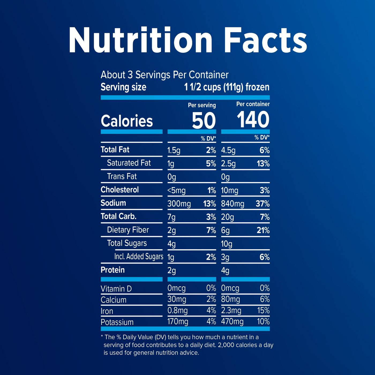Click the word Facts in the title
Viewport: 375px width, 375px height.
click(265, 40)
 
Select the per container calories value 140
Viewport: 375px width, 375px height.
click(253, 119)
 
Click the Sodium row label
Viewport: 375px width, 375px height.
click(113, 203)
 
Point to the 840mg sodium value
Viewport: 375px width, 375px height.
click(232, 204)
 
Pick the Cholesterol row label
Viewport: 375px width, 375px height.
click(120, 190)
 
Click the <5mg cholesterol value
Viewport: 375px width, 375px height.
click(176, 190)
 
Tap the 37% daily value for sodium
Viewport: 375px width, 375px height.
click(262, 204)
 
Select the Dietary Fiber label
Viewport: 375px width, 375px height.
click(128, 230)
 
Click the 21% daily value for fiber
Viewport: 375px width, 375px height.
click(263, 230)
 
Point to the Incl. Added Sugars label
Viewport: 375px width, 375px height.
click(139, 257)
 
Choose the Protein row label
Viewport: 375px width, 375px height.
click(112, 270)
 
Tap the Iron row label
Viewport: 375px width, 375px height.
click(107, 311)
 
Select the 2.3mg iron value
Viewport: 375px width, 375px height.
click(231, 311)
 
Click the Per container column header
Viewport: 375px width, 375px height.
click(253, 104)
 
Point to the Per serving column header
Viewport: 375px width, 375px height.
click(202, 105)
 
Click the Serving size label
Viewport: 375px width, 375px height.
click(123, 87)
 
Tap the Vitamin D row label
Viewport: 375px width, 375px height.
click(116, 289)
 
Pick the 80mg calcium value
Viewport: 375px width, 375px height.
click(230, 299)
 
